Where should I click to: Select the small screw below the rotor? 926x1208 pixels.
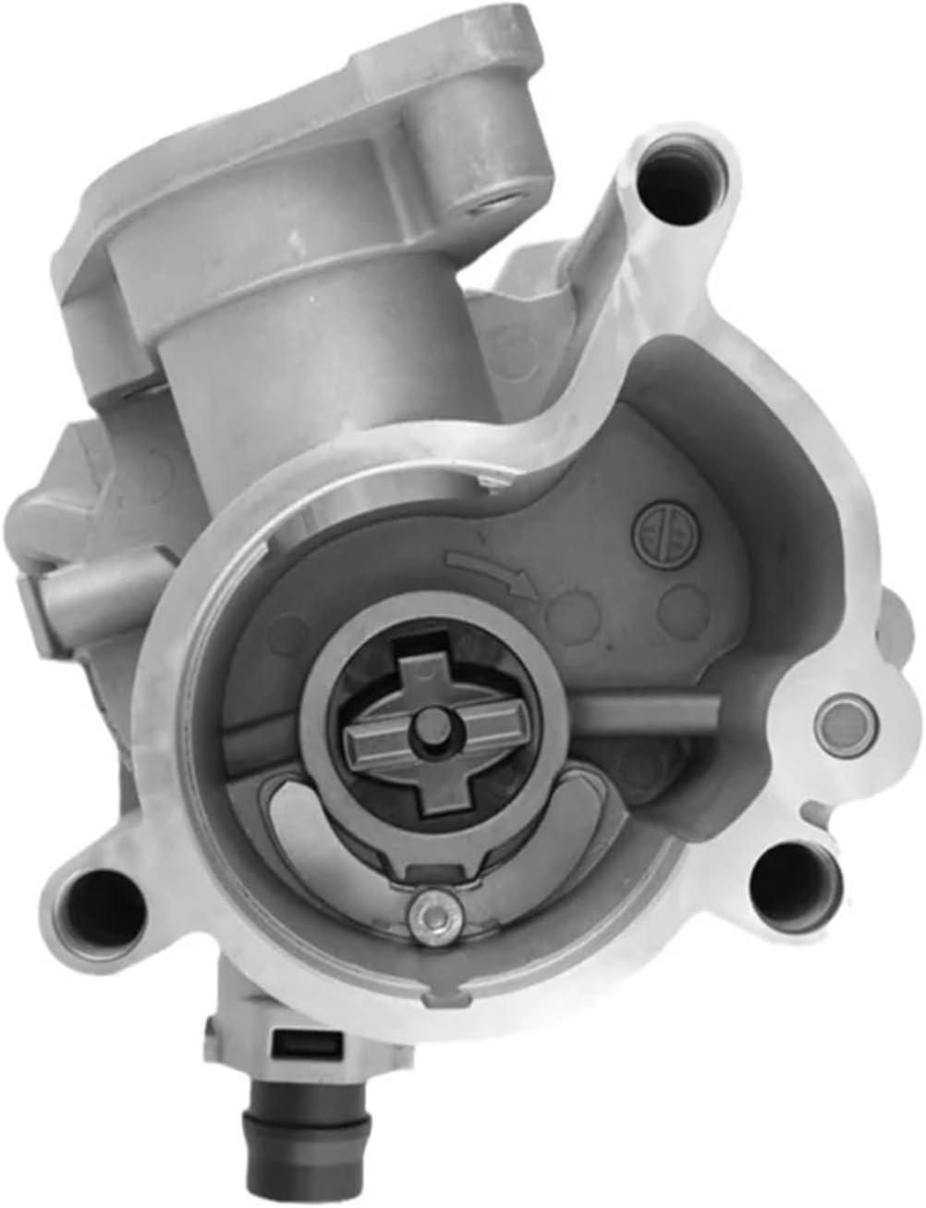pos(431,910)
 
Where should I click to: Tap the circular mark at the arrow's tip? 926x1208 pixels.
pos(565,610)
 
